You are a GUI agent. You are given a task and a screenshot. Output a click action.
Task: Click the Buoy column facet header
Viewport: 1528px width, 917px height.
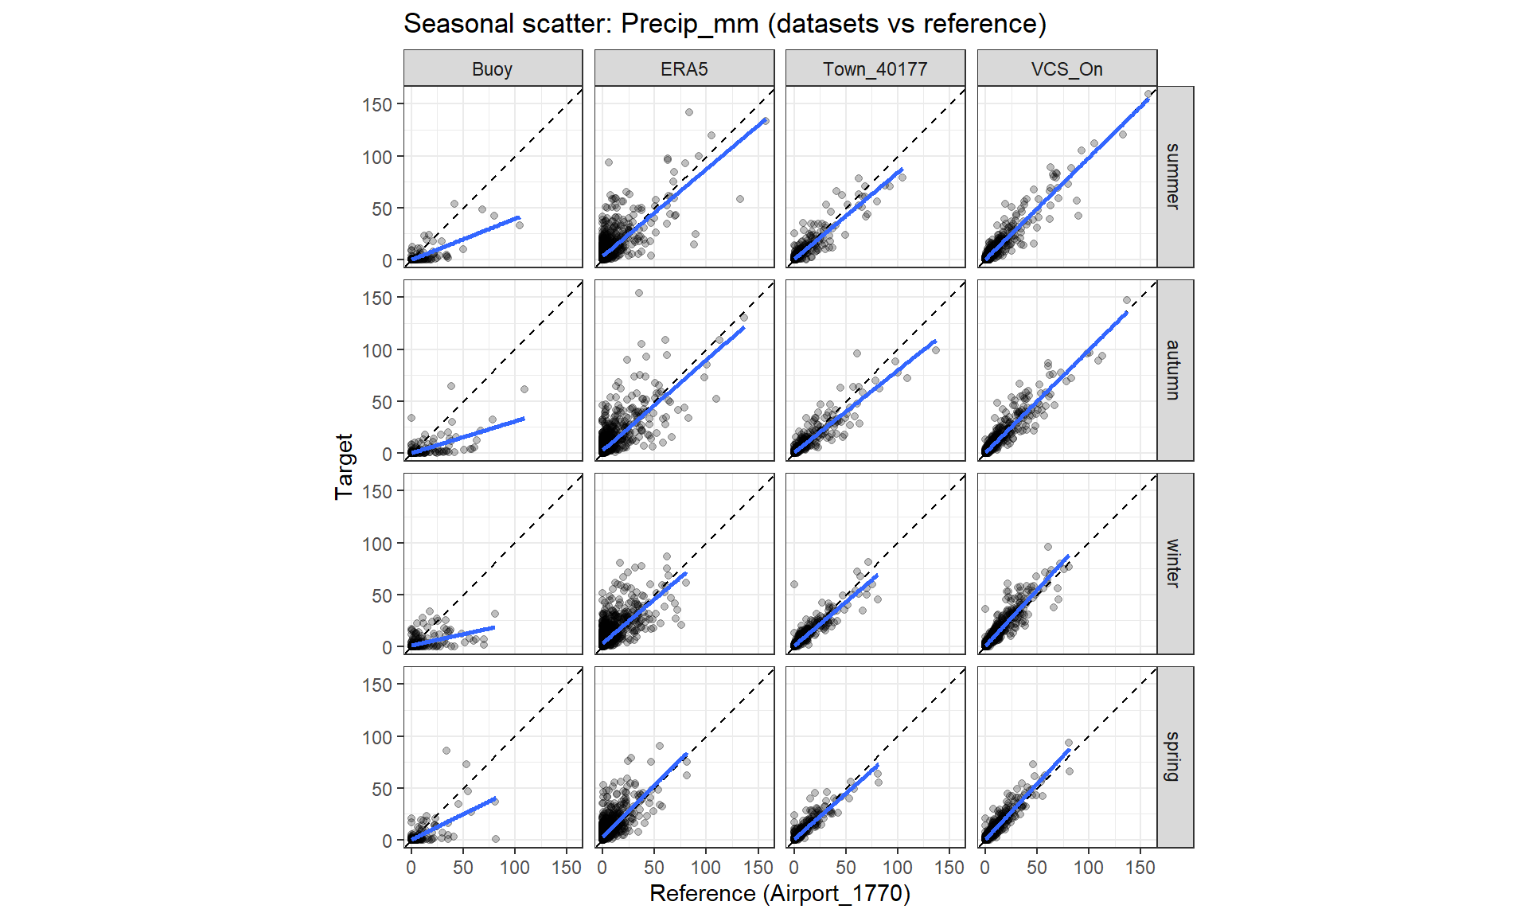tap(492, 69)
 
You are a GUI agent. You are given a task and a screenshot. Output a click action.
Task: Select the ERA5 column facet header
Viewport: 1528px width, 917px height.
tap(684, 69)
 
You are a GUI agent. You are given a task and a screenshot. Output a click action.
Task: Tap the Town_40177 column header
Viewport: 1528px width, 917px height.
tap(875, 69)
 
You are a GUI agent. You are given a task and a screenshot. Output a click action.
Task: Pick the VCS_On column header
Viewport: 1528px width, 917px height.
tap(1066, 69)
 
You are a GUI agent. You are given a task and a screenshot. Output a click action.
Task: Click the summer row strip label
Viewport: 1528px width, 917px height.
tap(1173, 176)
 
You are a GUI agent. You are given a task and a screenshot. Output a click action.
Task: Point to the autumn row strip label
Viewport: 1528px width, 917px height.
tap(1173, 369)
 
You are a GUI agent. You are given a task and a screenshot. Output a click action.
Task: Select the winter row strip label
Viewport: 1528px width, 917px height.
tap(1173, 563)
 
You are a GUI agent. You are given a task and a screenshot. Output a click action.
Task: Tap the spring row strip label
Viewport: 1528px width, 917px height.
tap(1173, 756)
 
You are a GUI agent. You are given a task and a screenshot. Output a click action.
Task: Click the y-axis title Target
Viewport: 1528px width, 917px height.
tap(344, 466)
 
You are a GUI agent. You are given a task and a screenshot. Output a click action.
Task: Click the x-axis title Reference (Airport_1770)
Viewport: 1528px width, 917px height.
tap(779, 893)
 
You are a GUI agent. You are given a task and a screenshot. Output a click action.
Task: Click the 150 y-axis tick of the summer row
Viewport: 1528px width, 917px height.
tap(377, 105)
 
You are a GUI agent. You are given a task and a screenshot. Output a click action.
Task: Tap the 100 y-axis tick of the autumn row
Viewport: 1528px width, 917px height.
tap(377, 350)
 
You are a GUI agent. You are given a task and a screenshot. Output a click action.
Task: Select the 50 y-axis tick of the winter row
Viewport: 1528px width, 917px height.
tap(382, 596)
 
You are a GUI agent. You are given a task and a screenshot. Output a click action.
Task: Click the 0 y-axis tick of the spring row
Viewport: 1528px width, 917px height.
tap(387, 841)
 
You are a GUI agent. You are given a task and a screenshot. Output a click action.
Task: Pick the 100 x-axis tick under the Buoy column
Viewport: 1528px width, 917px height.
tap(515, 868)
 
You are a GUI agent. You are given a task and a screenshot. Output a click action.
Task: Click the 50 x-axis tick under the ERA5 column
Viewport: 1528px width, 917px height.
tap(654, 868)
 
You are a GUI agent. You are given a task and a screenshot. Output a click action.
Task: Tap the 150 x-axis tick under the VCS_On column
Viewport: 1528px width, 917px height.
tap(1140, 868)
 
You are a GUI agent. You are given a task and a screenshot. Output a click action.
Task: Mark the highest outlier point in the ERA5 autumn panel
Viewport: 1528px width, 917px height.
tap(638, 293)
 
